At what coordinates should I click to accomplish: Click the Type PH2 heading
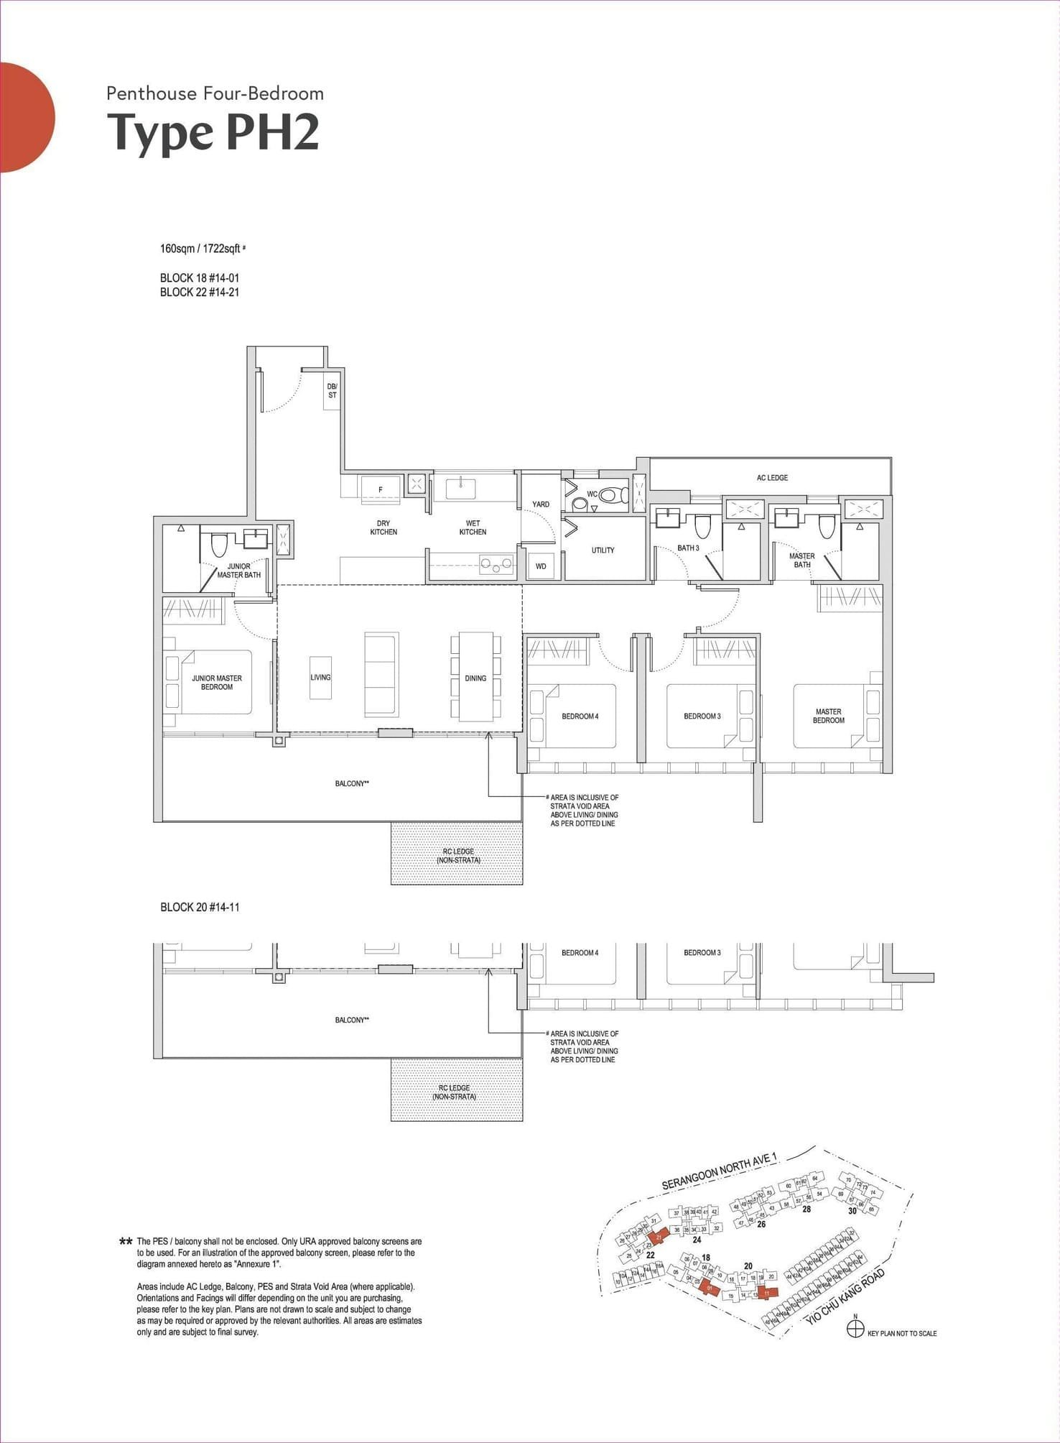213,134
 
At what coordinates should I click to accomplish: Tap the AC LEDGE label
772,478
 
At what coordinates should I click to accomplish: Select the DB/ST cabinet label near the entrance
332,392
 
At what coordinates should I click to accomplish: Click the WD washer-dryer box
541,566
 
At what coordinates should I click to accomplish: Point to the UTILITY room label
603,550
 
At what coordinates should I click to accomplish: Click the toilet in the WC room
611,495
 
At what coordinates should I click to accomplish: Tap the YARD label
541,504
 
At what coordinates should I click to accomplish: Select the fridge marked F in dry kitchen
381,489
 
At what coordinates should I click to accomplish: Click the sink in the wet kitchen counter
459,489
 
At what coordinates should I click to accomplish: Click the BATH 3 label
687,548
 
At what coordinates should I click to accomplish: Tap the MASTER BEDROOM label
828,716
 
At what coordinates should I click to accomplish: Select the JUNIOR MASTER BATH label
239,571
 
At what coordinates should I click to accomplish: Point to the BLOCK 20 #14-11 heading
200,908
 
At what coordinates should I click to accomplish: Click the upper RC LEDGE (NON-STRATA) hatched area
457,855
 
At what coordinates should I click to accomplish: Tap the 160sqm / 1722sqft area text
202,249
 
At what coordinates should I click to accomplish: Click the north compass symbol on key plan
855,1329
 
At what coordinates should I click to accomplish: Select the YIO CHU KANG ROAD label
845,1296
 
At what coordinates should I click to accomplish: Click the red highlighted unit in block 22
659,1236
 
